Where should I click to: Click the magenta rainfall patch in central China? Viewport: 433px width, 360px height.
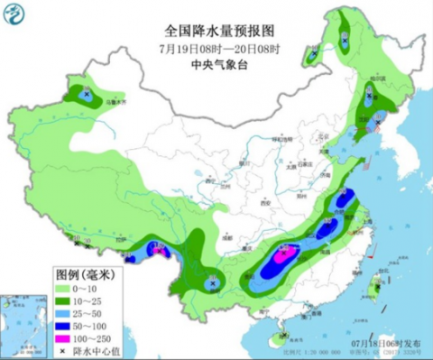283,256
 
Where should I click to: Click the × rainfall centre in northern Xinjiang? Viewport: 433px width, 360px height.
86,94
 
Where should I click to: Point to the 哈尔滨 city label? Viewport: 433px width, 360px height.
371,79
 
